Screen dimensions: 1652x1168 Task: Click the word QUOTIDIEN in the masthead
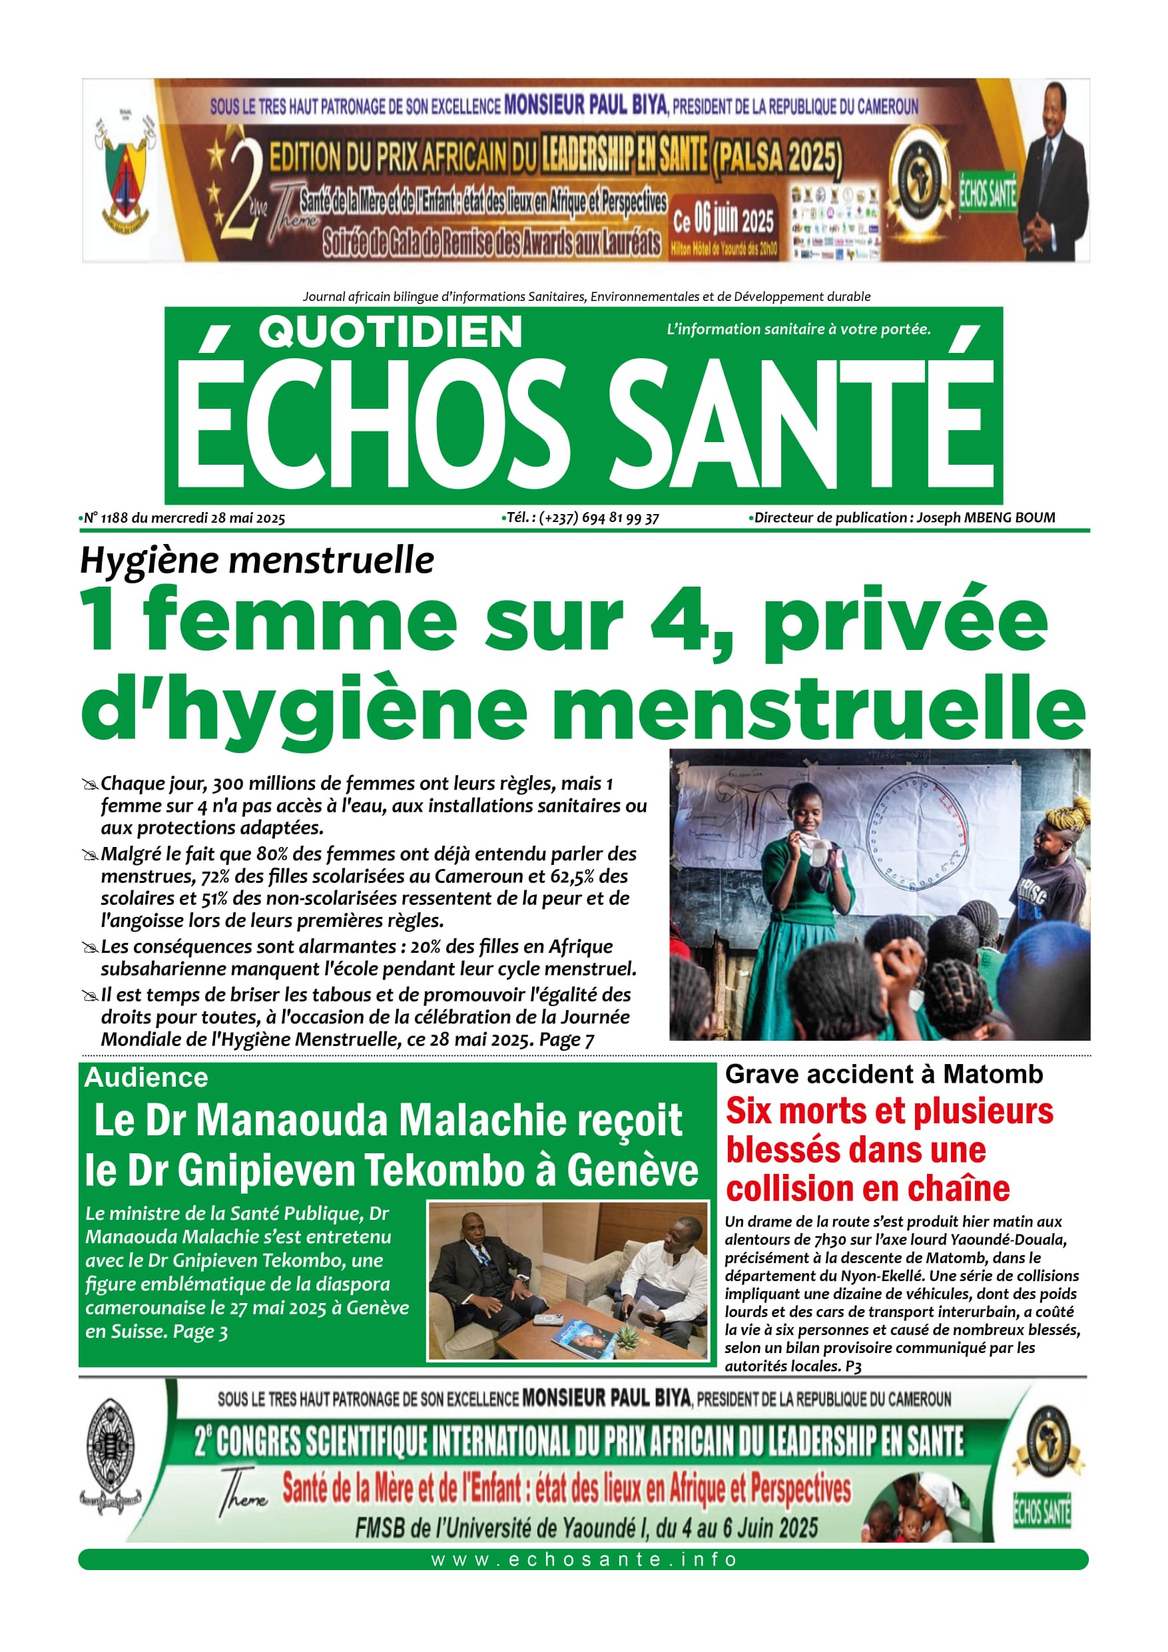(390, 332)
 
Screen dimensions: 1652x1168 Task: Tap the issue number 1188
(115, 518)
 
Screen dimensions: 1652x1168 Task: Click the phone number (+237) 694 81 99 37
(599, 518)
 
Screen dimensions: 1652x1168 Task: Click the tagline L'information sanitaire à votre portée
(798, 330)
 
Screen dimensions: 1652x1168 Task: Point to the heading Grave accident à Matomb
(884, 1074)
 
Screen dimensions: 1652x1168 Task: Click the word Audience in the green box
(146, 1078)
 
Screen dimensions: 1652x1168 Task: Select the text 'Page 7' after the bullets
(567, 1039)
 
